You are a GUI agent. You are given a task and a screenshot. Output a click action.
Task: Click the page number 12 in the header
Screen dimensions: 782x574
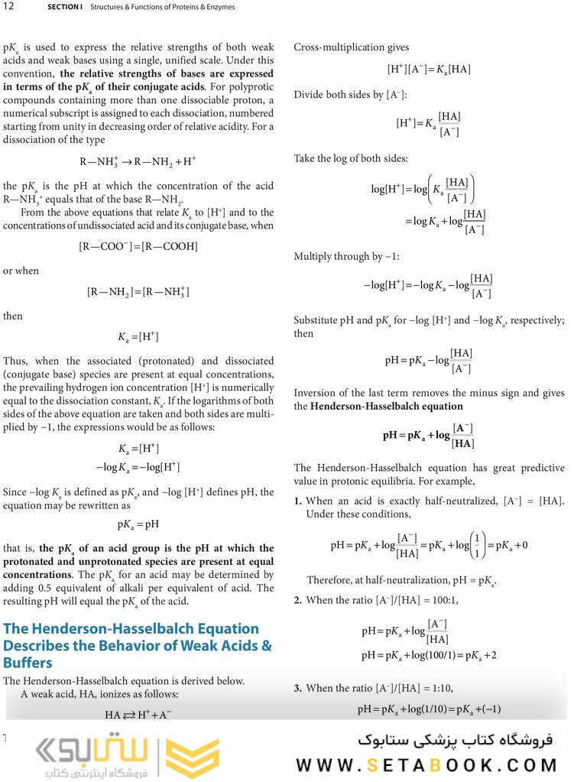click(10, 7)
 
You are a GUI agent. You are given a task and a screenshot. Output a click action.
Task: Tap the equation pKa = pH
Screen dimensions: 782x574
click(138, 525)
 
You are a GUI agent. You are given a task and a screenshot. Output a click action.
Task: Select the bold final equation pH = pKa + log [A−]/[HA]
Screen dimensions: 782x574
click(429, 435)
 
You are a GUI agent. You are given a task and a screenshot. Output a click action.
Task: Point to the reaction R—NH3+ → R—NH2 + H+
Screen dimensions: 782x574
click(138, 162)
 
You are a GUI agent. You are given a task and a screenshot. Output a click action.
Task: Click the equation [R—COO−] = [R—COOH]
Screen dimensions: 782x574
click(138, 246)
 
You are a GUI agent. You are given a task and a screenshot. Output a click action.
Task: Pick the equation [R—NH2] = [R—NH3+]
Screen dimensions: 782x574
click(138, 291)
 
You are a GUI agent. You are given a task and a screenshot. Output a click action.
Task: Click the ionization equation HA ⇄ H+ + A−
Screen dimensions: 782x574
click(138, 715)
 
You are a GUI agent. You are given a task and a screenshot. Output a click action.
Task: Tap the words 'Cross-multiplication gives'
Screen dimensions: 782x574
click(352, 47)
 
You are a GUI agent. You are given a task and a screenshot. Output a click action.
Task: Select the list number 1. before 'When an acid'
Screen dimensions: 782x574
click(299, 501)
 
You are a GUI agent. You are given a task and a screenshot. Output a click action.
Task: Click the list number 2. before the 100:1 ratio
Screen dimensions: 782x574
click(299, 600)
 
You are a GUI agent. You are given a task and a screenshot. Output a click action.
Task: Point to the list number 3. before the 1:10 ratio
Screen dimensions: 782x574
click(299, 688)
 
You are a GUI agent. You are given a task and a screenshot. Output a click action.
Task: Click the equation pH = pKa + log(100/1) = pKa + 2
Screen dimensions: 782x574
click(431, 656)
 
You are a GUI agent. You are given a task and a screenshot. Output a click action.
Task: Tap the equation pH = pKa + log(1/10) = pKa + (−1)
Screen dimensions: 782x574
click(429, 709)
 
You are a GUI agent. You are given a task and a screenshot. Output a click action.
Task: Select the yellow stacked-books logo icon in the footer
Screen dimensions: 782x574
click(193, 758)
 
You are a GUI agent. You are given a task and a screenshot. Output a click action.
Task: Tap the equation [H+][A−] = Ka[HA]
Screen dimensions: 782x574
click(429, 70)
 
